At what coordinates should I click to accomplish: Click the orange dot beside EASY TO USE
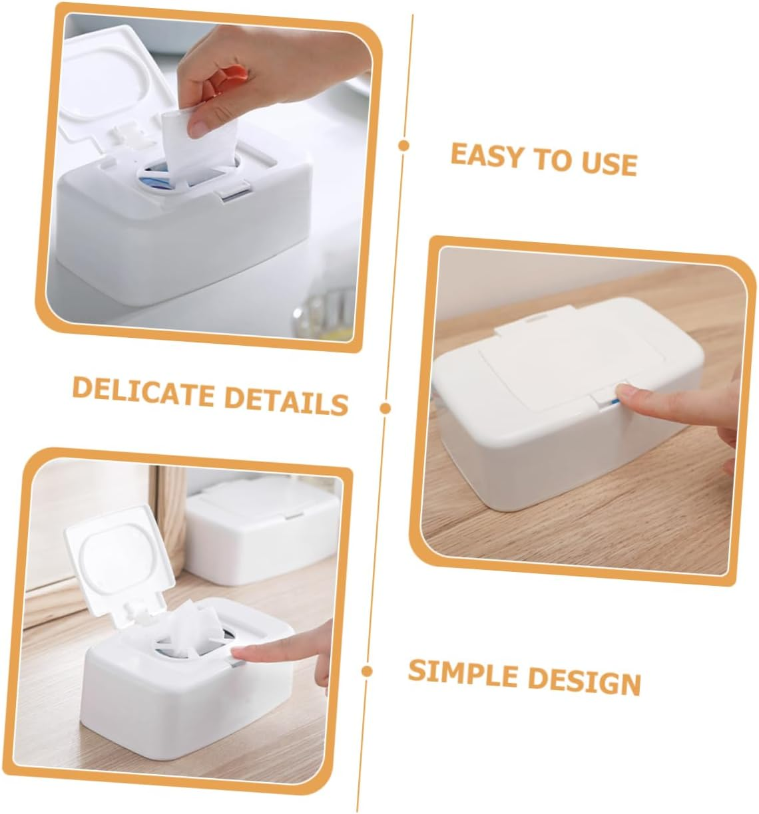click(x=403, y=146)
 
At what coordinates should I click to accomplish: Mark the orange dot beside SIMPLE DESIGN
click(x=367, y=671)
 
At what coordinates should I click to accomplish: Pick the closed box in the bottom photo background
click(x=260, y=532)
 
